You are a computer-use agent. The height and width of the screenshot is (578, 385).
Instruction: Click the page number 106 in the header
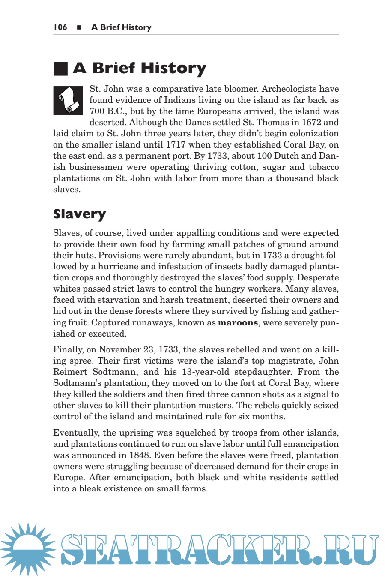point(60,27)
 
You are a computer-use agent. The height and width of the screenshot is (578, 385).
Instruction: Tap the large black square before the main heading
point(60,69)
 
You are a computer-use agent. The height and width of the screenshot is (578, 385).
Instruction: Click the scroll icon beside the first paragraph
point(68,101)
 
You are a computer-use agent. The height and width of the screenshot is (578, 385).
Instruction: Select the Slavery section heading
point(79,214)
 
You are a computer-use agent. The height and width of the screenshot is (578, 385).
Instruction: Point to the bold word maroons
point(238,322)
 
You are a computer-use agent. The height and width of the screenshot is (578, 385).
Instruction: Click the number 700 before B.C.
point(97,111)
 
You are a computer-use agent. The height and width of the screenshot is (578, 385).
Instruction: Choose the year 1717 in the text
point(176,144)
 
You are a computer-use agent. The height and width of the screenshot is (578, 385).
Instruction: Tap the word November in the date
point(119,349)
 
